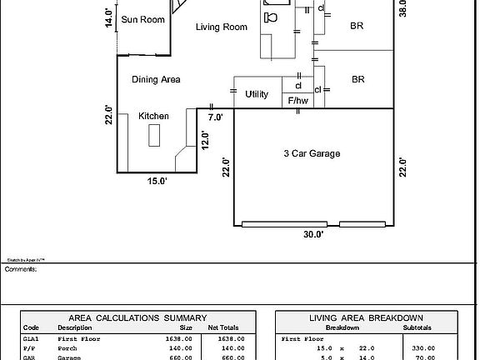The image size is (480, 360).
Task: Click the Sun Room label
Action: click(x=142, y=19)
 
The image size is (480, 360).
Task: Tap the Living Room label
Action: click(x=222, y=27)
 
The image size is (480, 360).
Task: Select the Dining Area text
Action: click(x=156, y=80)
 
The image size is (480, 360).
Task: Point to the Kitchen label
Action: click(x=153, y=116)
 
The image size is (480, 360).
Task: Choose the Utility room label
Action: click(x=257, y=94)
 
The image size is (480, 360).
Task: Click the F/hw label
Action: click(x=297, y=101)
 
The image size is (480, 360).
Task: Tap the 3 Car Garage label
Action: click(x=312, y=153)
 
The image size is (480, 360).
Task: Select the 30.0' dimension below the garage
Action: click(x=312, y=235)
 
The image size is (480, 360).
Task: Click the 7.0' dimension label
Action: click(x=215, y=117)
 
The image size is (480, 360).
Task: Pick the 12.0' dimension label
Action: click(x=204, y=139)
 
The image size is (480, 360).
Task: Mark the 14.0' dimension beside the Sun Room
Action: click(x=108, y=17)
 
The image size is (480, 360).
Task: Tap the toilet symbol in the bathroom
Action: click(x=272, y=16)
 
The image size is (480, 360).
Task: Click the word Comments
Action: click(x=21, y=269)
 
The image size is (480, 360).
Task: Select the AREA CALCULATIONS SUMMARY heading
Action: click(x=137, y=317)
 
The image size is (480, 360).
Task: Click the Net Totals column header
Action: click(x=222, y=327)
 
